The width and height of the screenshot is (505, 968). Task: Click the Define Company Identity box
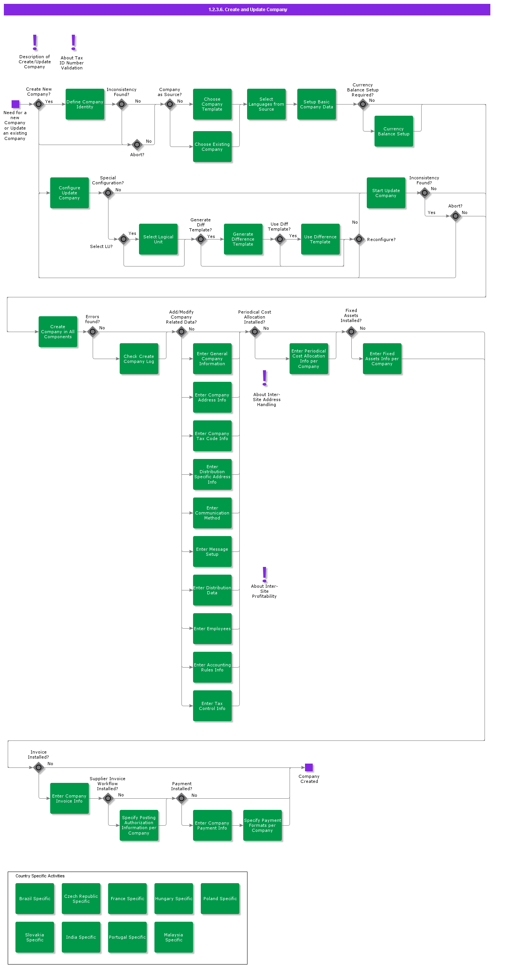click(85, 104)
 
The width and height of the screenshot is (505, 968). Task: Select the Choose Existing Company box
click(212, 147)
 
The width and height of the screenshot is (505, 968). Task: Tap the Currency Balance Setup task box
click(394, 131)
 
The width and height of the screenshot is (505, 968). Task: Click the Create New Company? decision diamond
click(39, 104)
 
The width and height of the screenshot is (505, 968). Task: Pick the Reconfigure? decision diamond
click(359, 239)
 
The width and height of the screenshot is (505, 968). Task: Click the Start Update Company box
click(386, 193)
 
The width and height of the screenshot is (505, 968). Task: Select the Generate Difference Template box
click(243, 239)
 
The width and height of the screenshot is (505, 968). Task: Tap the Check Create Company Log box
click(139, 359)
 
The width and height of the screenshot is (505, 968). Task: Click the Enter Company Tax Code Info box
click(212, 436)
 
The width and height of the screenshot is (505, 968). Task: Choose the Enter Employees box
click(212, 629)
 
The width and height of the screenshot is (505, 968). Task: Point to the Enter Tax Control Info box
click(212, 706)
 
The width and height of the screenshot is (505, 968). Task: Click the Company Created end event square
click(309, 767)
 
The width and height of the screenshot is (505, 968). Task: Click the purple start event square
click(15, 104)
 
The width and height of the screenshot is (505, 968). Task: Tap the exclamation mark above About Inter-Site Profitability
click(264, 574)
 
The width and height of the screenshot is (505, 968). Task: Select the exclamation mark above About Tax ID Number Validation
click(73, 42)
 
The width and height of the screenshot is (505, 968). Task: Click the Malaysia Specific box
click(174, 937)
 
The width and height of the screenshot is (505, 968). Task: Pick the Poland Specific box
click(220, 899)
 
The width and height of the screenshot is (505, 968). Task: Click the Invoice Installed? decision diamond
click(39, 767)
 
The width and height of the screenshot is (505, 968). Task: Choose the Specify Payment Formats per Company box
click(263, 825)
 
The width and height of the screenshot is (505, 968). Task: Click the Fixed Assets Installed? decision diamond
click(351, 332)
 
